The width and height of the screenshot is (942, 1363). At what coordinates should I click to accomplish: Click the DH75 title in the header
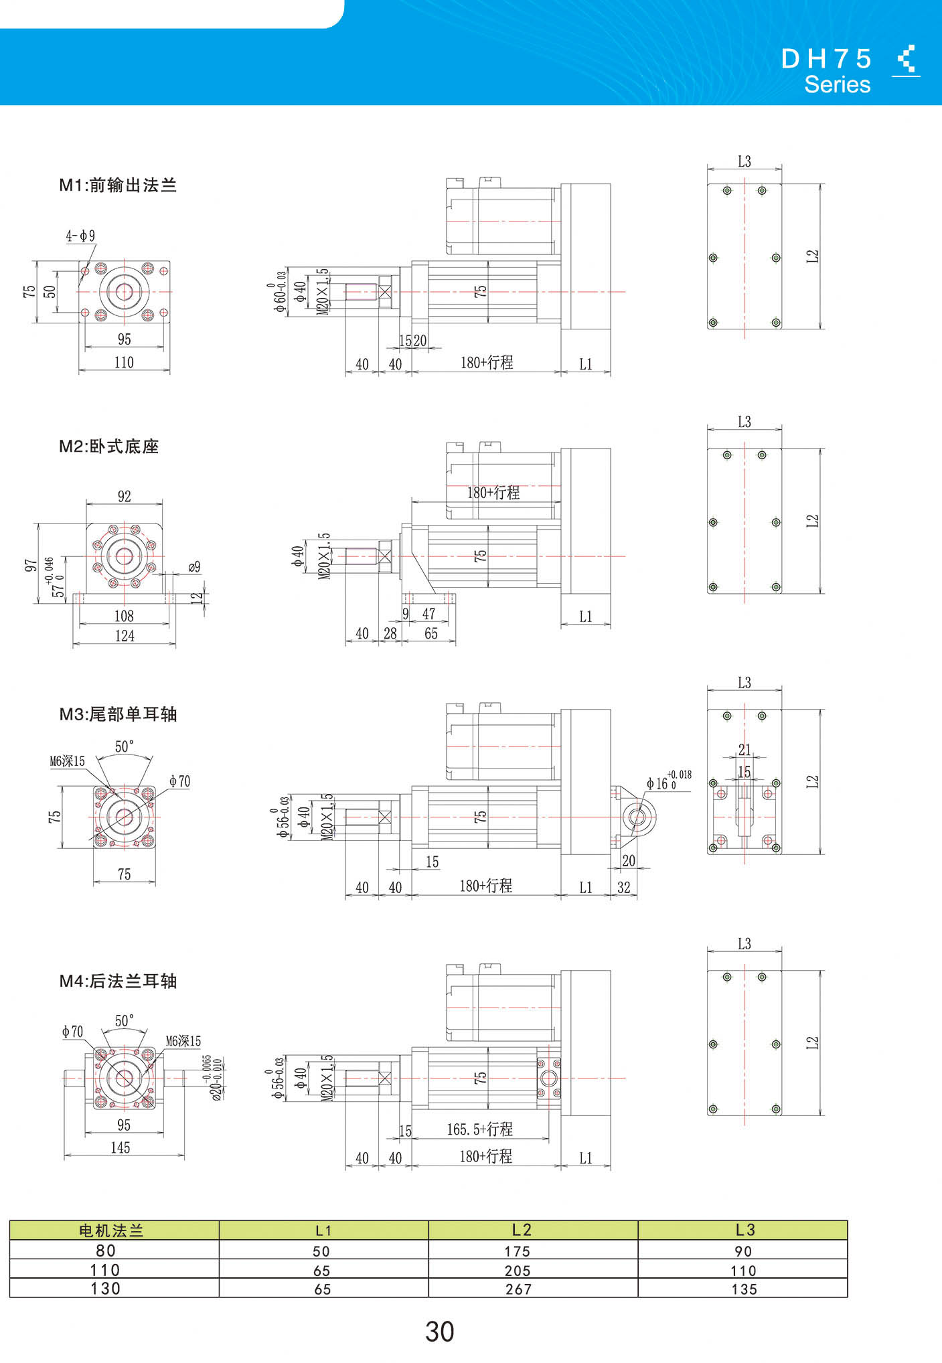826,59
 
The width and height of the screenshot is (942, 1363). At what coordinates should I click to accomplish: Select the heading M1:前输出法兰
118,185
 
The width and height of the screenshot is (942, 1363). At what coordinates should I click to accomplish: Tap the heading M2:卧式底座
109,447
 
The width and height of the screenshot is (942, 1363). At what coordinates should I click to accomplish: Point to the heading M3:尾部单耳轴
118,714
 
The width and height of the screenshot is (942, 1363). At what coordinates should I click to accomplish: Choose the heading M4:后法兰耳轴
118,981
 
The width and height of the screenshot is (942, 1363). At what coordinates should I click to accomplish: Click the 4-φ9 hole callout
80,236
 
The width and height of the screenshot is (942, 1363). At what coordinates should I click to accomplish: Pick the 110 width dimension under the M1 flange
124,362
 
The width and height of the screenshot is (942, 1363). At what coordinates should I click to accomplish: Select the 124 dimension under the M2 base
125,636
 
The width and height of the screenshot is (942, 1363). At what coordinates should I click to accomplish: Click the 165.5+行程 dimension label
480,1129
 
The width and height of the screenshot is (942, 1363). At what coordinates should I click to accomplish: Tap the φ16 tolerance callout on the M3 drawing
669,781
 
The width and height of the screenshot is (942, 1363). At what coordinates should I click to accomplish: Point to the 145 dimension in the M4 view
121,1147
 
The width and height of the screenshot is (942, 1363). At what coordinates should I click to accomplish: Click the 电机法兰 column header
112,1230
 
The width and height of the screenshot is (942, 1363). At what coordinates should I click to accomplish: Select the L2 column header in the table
522,1230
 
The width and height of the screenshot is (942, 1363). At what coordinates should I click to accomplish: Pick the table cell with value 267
519,1289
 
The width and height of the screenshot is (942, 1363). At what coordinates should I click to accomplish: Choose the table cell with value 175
518,1251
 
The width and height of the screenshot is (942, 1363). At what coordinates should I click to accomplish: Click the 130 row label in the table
105,1289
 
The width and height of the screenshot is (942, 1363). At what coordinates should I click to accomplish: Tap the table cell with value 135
744,1289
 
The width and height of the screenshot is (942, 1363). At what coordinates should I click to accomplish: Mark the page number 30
439,1332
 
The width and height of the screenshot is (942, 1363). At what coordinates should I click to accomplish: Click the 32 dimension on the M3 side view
624,888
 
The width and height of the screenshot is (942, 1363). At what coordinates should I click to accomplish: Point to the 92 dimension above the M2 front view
125,496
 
